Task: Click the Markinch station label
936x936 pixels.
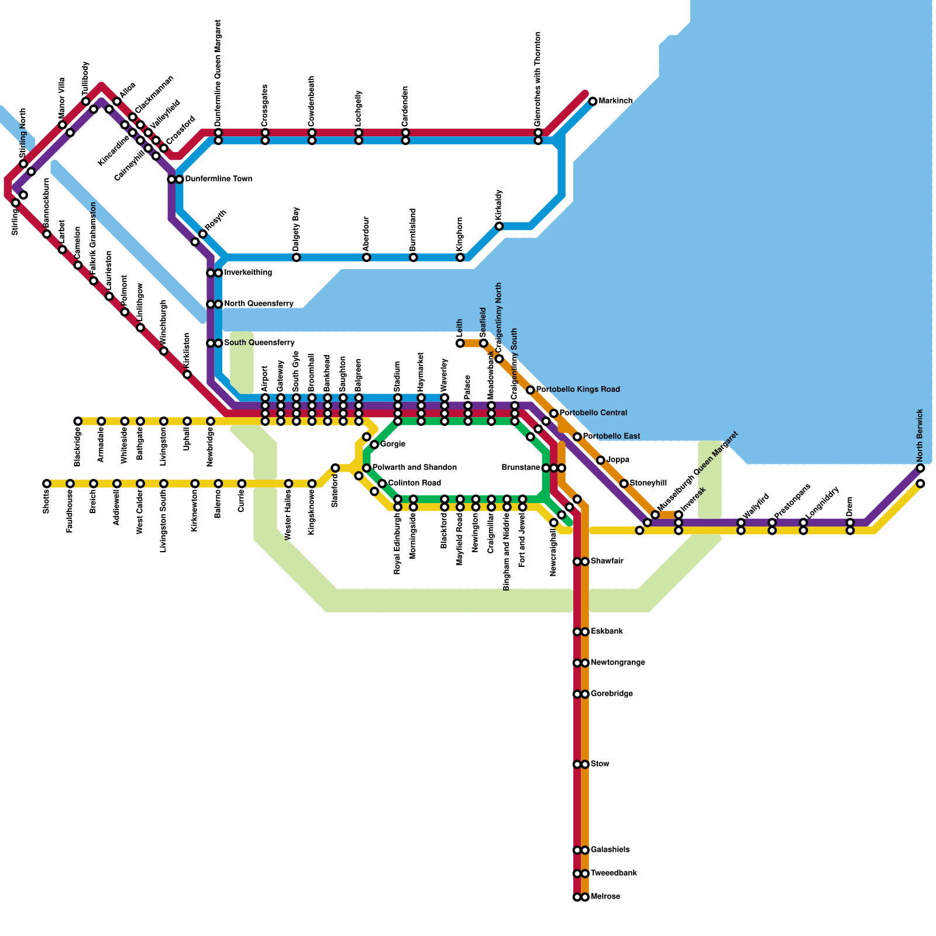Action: (615, 101)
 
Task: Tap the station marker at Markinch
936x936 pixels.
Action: (593, 101)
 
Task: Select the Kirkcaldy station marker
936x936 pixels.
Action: (499, 226)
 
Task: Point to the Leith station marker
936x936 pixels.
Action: (460, 343)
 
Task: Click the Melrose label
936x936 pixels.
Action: (605, 897)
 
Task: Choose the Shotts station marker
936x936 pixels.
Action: (47, 483)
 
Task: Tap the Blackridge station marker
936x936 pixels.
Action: (78, 421)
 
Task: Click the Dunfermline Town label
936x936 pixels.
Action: (218, 179)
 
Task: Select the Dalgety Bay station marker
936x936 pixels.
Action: (297, 257)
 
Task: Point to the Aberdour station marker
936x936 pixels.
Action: (366, 257)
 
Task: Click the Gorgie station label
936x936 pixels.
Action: (393, 445)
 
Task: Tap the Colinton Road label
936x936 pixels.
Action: (414, 483)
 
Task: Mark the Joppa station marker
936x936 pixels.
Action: (600, 460)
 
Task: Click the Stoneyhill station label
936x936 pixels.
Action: (648, 483)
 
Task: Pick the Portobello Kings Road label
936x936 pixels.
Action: (577, 390)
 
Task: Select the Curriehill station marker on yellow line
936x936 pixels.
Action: (242, 483)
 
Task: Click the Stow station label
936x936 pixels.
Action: (600, 764)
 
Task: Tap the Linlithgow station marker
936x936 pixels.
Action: (140, 328)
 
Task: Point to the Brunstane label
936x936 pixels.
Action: (521, 468)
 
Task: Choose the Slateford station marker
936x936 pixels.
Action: (335, 468)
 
